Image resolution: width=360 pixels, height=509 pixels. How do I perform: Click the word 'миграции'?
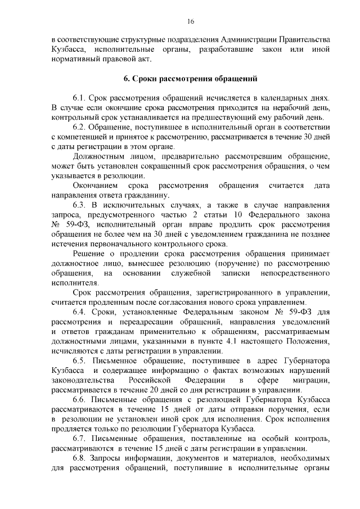tap(310, 380)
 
